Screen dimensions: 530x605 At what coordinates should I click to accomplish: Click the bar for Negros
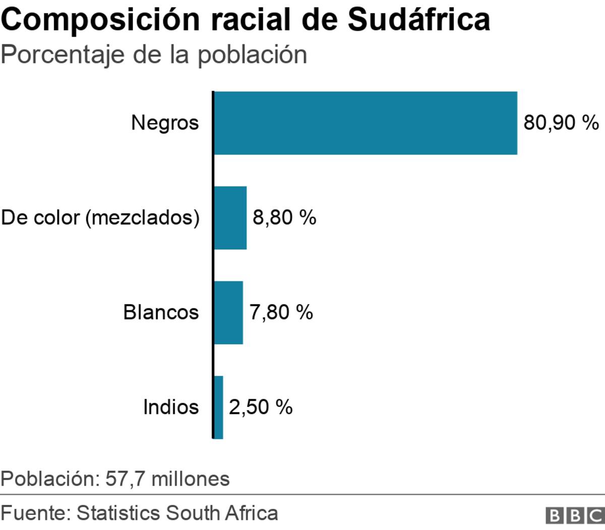pyautogui.click(x=366, y=123)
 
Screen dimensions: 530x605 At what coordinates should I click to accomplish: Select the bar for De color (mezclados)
pyautogui.click(x=230, y=218)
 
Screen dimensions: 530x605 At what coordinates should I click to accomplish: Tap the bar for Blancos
pyautogui.click(x=228, y=313)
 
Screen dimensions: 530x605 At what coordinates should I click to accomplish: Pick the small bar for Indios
pyautogui.click(x=218, y=407)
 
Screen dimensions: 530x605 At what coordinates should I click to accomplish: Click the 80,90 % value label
pyautogui.click(x=561, y=123)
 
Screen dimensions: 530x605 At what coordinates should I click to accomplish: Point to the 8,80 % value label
pyautogui.click(x=284, y=218)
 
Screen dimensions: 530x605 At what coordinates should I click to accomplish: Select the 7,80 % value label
pyautogui.click(x=281, y=313)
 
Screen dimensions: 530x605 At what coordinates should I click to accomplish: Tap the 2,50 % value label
pyautogui.click(x=261, y=407)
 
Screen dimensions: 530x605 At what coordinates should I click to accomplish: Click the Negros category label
pyautogui.click(x=165, y=123)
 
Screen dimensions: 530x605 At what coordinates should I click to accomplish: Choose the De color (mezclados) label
pyautogui.click(x=100, y=218)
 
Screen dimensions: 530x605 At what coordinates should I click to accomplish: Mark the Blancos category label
pyautogui.click(x=161, y=313)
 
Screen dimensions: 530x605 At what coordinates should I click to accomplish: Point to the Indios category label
pyautogui.click(x=171, y=407)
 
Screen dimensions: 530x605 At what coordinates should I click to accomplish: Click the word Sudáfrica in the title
pyautogui.click(x=418, y=20)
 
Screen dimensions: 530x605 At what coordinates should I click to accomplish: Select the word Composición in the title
pyautogui.click(x=101, y=20)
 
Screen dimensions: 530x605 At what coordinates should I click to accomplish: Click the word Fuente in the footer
pyautogui.click(x=34, y=513)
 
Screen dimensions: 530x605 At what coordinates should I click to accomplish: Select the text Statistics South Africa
pyautogui.click(x=177, y=513)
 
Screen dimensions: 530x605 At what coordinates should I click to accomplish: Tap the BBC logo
pyautogui.click(x=575, y=515)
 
